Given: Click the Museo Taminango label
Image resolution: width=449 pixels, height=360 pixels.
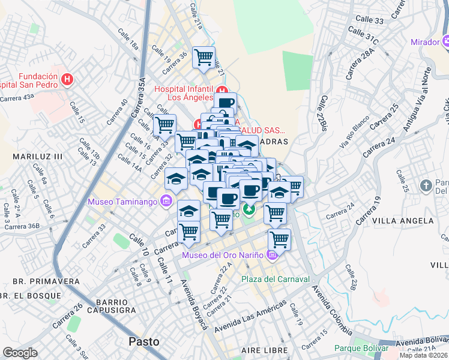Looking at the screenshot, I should pos(122,202).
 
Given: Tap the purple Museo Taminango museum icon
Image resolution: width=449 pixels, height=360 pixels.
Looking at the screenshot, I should pos(166,201).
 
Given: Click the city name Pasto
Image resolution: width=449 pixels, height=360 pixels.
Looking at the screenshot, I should pos(144,341).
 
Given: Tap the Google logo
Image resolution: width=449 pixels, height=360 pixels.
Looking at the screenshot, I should pos(20,353).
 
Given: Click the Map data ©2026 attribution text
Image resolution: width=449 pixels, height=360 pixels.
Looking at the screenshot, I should pos(423,355).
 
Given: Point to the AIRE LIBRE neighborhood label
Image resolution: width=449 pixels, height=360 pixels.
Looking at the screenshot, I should pos(262,350).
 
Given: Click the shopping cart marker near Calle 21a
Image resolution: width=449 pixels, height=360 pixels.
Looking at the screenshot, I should pos(203,58).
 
